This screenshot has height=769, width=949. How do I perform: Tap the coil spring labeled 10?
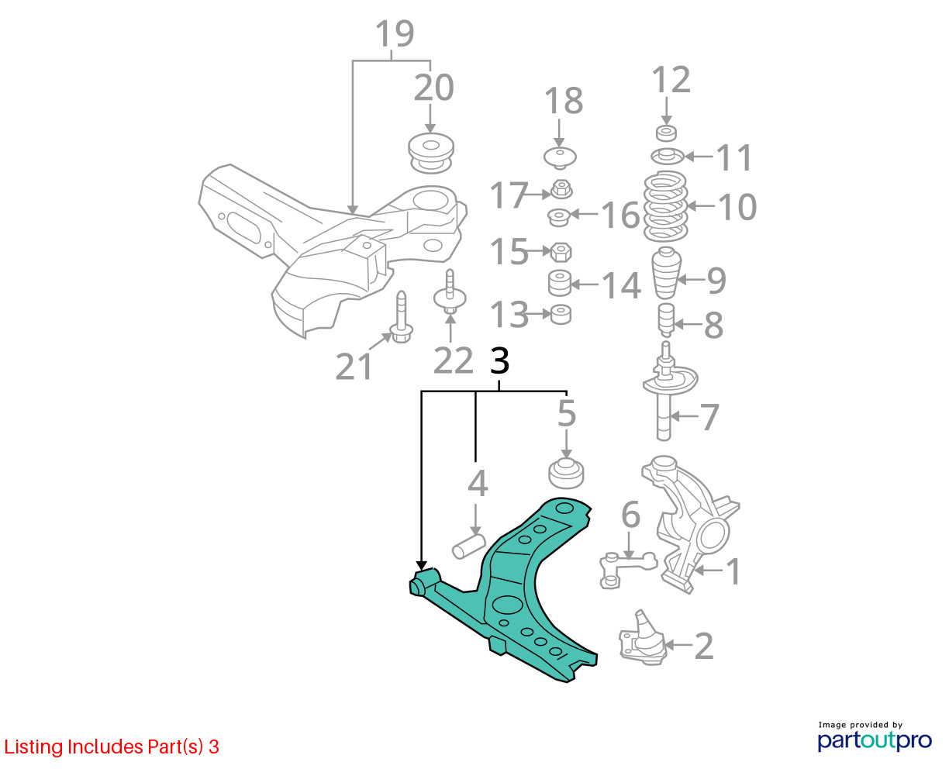click(x=665, y=206)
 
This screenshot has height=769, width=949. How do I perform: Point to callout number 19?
click(x=395, y=33)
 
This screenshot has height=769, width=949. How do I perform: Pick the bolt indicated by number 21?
click(x=401, y=317)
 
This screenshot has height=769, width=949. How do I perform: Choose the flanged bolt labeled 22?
click(x=450, y=291)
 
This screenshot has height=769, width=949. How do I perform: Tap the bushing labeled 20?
click(x=431, y=153)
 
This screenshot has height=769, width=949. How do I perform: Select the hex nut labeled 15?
click(x=561, y=252)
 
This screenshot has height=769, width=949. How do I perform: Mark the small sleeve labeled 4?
click(x=469, y=547)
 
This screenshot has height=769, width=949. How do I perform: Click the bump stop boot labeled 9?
click(x=667, y=273)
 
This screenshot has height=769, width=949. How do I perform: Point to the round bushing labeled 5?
click(x=566, y=474)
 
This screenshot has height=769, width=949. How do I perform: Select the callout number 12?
click(x=671, y=80)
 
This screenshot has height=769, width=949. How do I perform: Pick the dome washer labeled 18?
click(x=560, y=157)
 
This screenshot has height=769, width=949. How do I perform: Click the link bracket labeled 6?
click(x=628, y=571)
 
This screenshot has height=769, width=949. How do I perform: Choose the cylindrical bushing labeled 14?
click(x=560, y=283)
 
